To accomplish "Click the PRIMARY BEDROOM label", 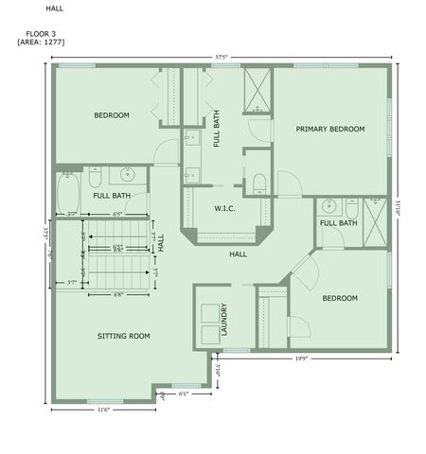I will pos(329,130).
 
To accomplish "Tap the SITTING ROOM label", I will pos(124,336).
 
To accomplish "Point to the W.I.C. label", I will pos(224,209).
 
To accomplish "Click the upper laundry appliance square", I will pos(206,310).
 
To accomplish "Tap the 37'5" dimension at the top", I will pos(222,56).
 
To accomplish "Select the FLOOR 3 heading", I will pos(41,33).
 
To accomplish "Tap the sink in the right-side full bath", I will pos(328,206).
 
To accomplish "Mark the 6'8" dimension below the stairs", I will pos(117,293).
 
